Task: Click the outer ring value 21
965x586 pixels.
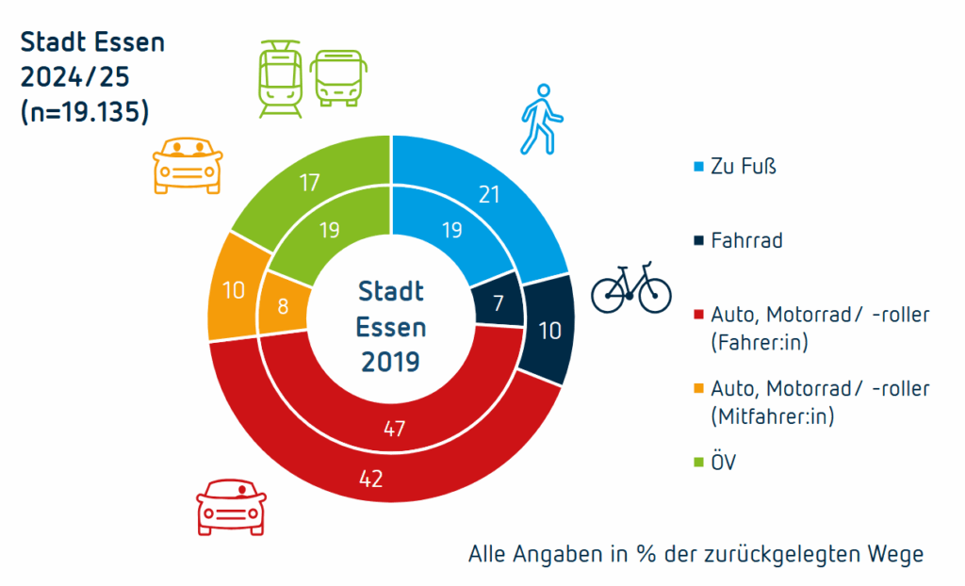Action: coord(488,195)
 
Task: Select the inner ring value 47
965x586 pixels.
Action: coord(394,430)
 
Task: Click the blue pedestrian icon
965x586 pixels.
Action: coord(541,119)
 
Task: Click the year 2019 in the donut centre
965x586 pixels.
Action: coord(391,360)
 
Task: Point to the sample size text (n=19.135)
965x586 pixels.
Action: coord(84,111)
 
